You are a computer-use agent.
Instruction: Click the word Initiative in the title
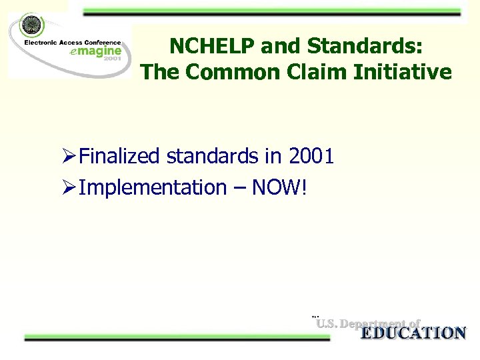pyautogui.click(x=407, y=72)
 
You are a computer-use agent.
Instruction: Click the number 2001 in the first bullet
pyautogui.click(x=311, y=157)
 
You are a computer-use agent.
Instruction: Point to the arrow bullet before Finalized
pyautogui.click(x=67, y=157)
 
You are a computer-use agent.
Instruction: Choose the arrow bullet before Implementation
pyautogui.click(x=67, y=189)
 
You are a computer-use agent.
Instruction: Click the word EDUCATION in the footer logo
pyautogui.click(x=413, y=333)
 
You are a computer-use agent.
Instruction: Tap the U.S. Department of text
pyautogui.click(x=368, y=324)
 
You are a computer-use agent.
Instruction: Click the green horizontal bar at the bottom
pyautogui.click(x=177, y=338)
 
